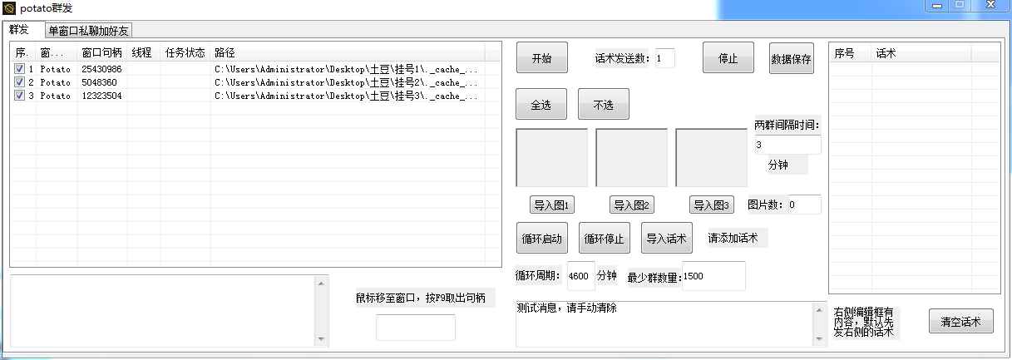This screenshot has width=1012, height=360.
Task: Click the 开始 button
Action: point(541,57)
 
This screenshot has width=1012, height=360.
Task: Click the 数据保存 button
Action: point(791,58)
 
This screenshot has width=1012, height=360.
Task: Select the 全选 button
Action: point(541,104)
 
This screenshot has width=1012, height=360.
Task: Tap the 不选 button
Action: point(603,104)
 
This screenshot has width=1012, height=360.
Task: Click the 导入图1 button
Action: point(551,205)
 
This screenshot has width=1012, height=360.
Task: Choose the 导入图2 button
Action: point(632,205)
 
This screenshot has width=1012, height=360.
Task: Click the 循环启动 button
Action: point(541,238)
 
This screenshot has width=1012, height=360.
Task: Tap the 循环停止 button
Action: point(604,238)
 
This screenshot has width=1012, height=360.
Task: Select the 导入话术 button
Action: point(666,238)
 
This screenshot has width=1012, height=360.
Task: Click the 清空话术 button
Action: point(961,321)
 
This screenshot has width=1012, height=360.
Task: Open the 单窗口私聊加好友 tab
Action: point(88,31)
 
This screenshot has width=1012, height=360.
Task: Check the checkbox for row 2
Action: point(19,82)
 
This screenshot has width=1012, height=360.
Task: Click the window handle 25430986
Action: point(101,69)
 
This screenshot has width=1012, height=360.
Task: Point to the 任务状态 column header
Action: point(185,53)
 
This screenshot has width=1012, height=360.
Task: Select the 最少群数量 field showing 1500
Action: point(713,276)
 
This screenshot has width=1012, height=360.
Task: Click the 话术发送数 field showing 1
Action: point(664,58)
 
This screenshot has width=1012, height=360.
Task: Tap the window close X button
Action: point(990,5)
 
